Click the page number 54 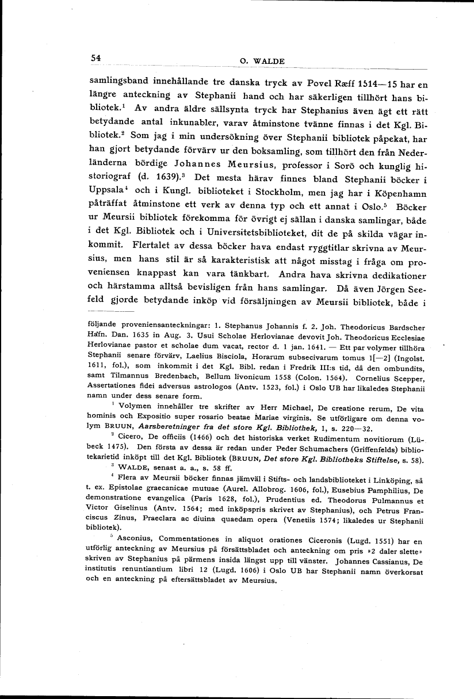[95, 58]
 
